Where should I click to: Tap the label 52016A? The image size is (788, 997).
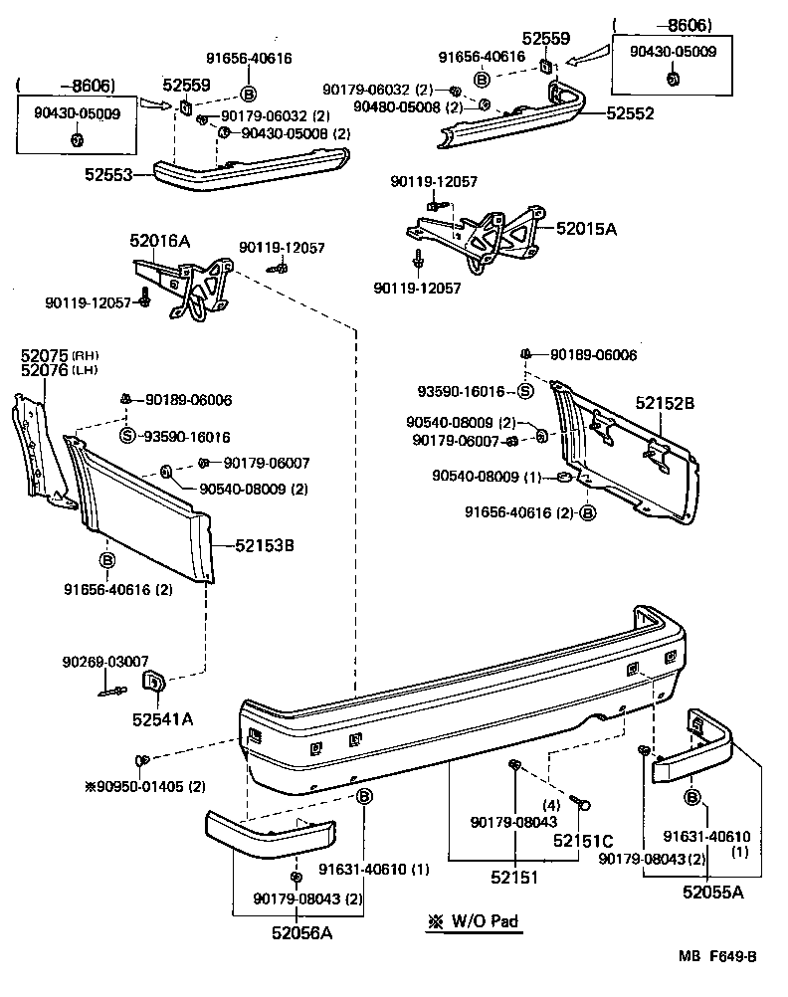[x=159, y=241]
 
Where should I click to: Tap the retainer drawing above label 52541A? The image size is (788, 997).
[x=155, y=682]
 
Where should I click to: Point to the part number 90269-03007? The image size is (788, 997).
[x=104, y=661]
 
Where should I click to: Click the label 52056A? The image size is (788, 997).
[x=302, y=932]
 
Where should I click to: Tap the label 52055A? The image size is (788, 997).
[x=712, y=892]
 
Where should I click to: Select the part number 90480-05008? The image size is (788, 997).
[x=394, y=106]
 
